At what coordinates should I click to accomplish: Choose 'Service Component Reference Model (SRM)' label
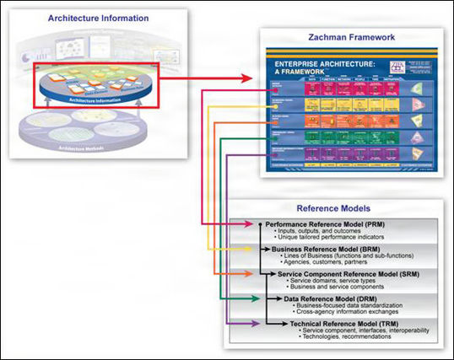click(340, 274)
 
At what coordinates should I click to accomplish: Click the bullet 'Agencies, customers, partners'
click(332, 264)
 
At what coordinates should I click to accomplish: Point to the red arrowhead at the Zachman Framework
click(252, 78)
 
